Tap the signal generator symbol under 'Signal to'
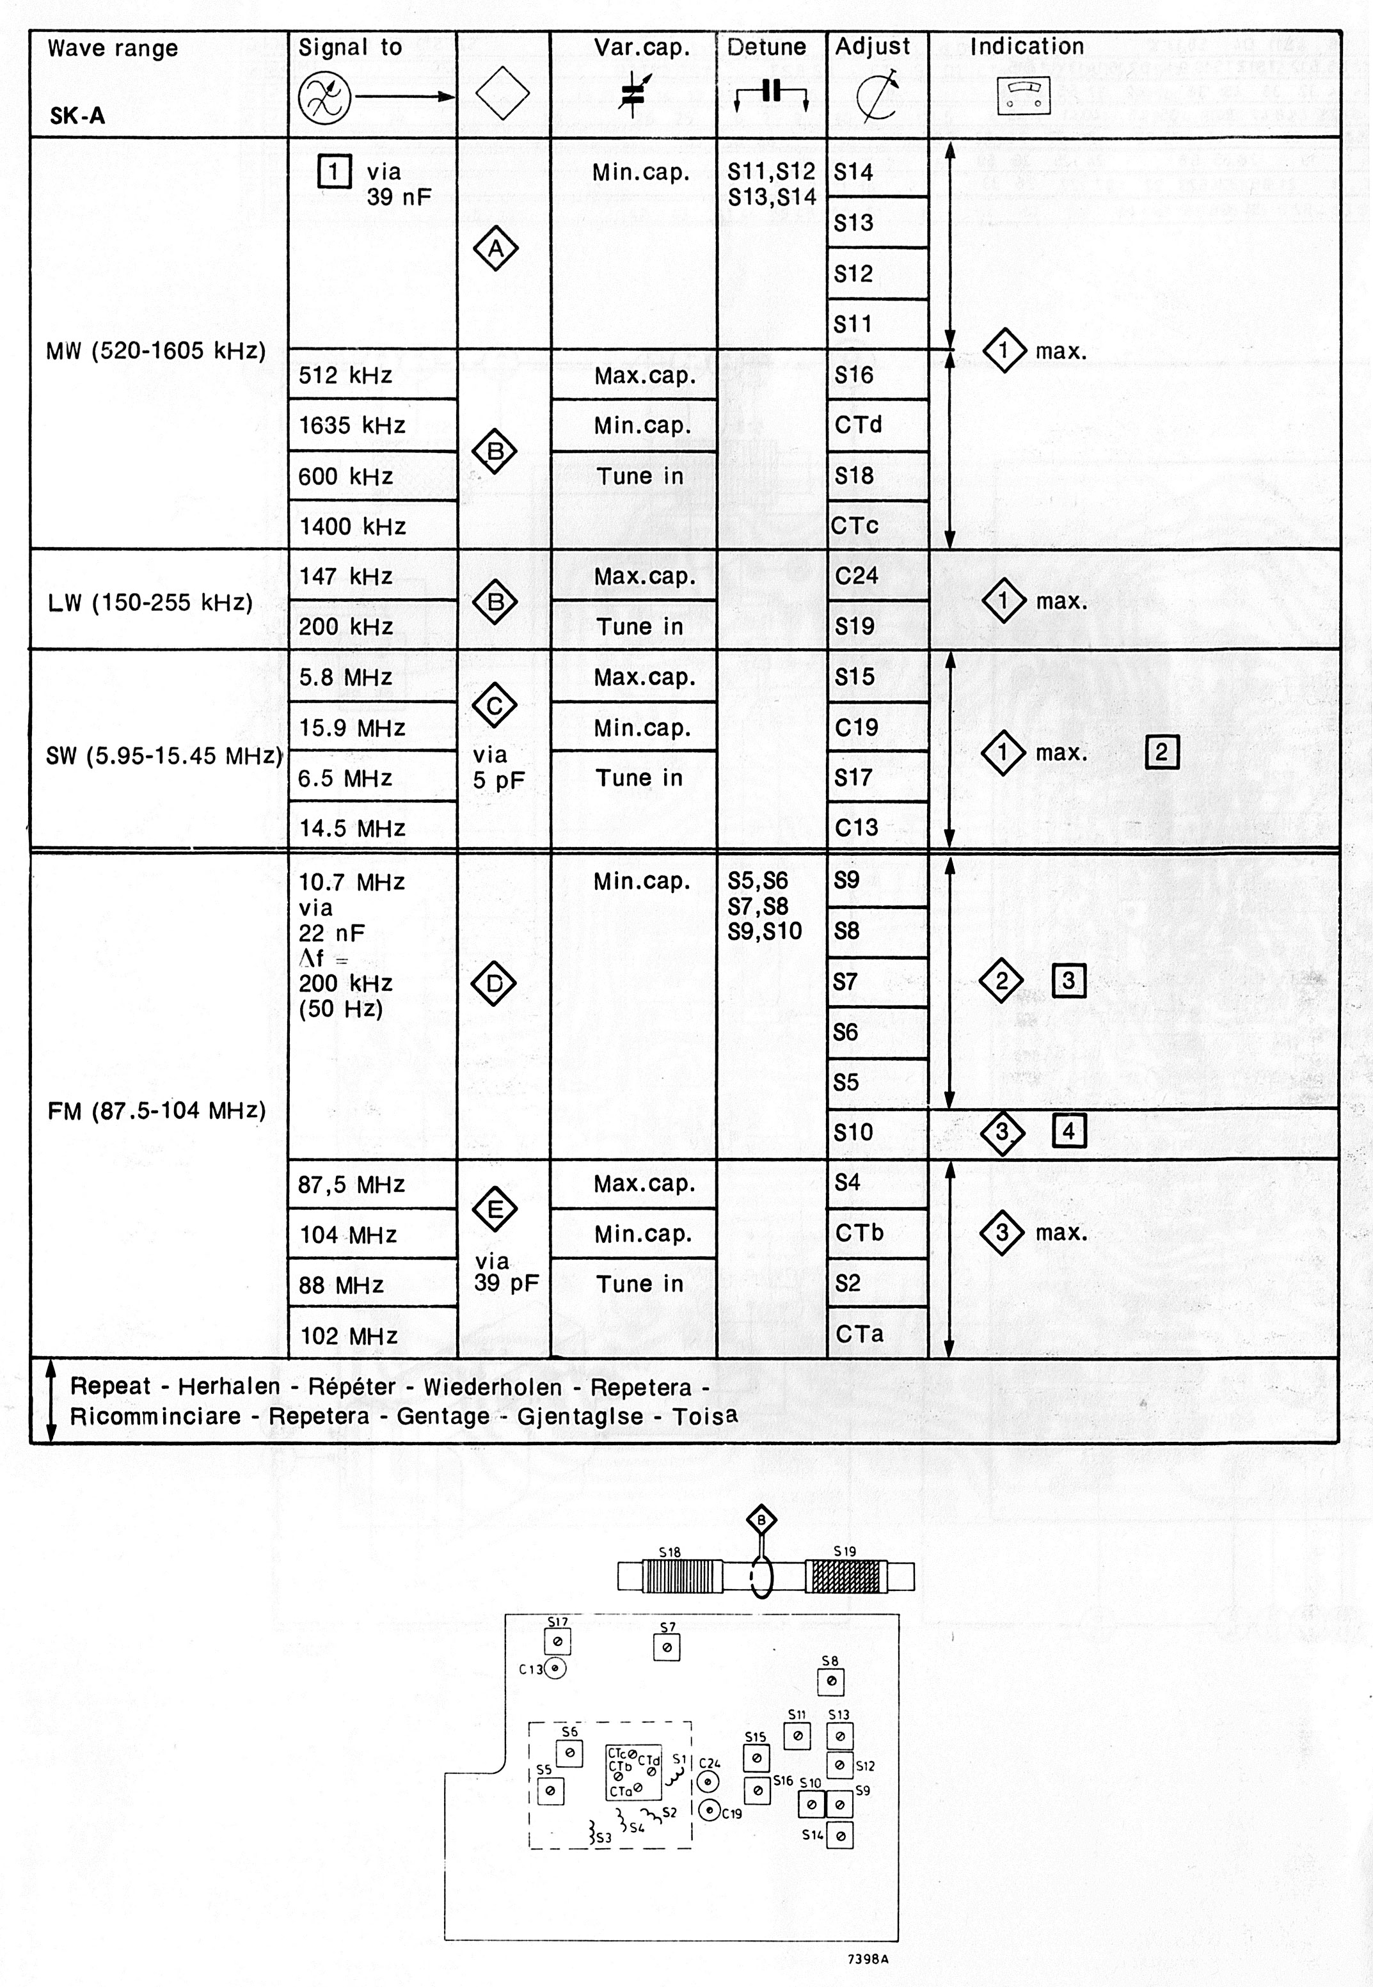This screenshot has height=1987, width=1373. (x=324, y=97)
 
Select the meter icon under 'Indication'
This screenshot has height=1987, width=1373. (x=1024, y=95)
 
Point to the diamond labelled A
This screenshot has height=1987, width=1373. (x=495, y=249)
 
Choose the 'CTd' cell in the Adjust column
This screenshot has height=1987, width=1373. (x=859, y=425)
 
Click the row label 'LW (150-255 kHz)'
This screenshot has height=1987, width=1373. (x=150, y=602)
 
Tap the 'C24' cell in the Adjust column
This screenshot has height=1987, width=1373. (x=857, y=576)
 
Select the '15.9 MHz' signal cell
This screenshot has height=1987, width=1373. (x=352, y=729)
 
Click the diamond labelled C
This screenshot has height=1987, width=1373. (x=495, y=706)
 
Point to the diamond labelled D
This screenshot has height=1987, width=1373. (x=495, y=984)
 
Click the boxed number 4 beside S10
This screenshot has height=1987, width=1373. (x=1068, y=1131)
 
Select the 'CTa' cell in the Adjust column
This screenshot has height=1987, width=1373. (x=859, y=1334)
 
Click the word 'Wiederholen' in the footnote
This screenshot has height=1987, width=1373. (x=492, y=1386)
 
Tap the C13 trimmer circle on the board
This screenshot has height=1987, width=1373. (x=556, y=1669)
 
